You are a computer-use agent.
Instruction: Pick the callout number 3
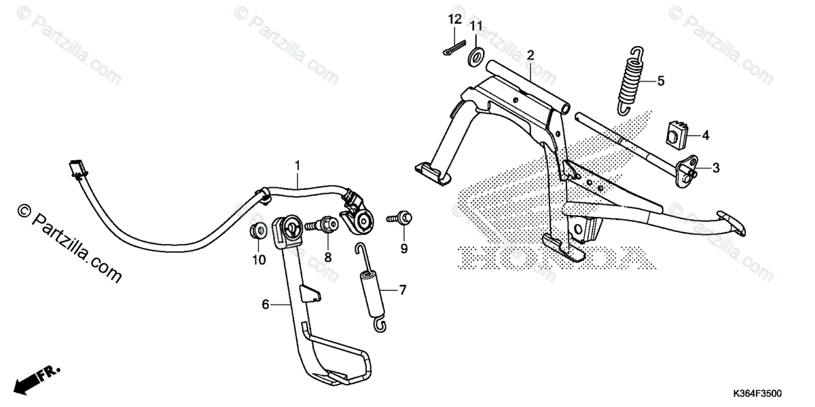(716, 166)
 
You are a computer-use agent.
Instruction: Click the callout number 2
(530, 54)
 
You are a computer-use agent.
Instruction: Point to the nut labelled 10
(259, 231)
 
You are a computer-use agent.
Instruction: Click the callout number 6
(265, 305)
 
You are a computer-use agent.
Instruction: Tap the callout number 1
(297, 165)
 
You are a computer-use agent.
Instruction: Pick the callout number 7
(402, 291)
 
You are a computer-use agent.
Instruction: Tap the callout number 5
(660, 81)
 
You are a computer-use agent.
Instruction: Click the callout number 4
(705, 136)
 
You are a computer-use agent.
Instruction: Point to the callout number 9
(403, 249)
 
